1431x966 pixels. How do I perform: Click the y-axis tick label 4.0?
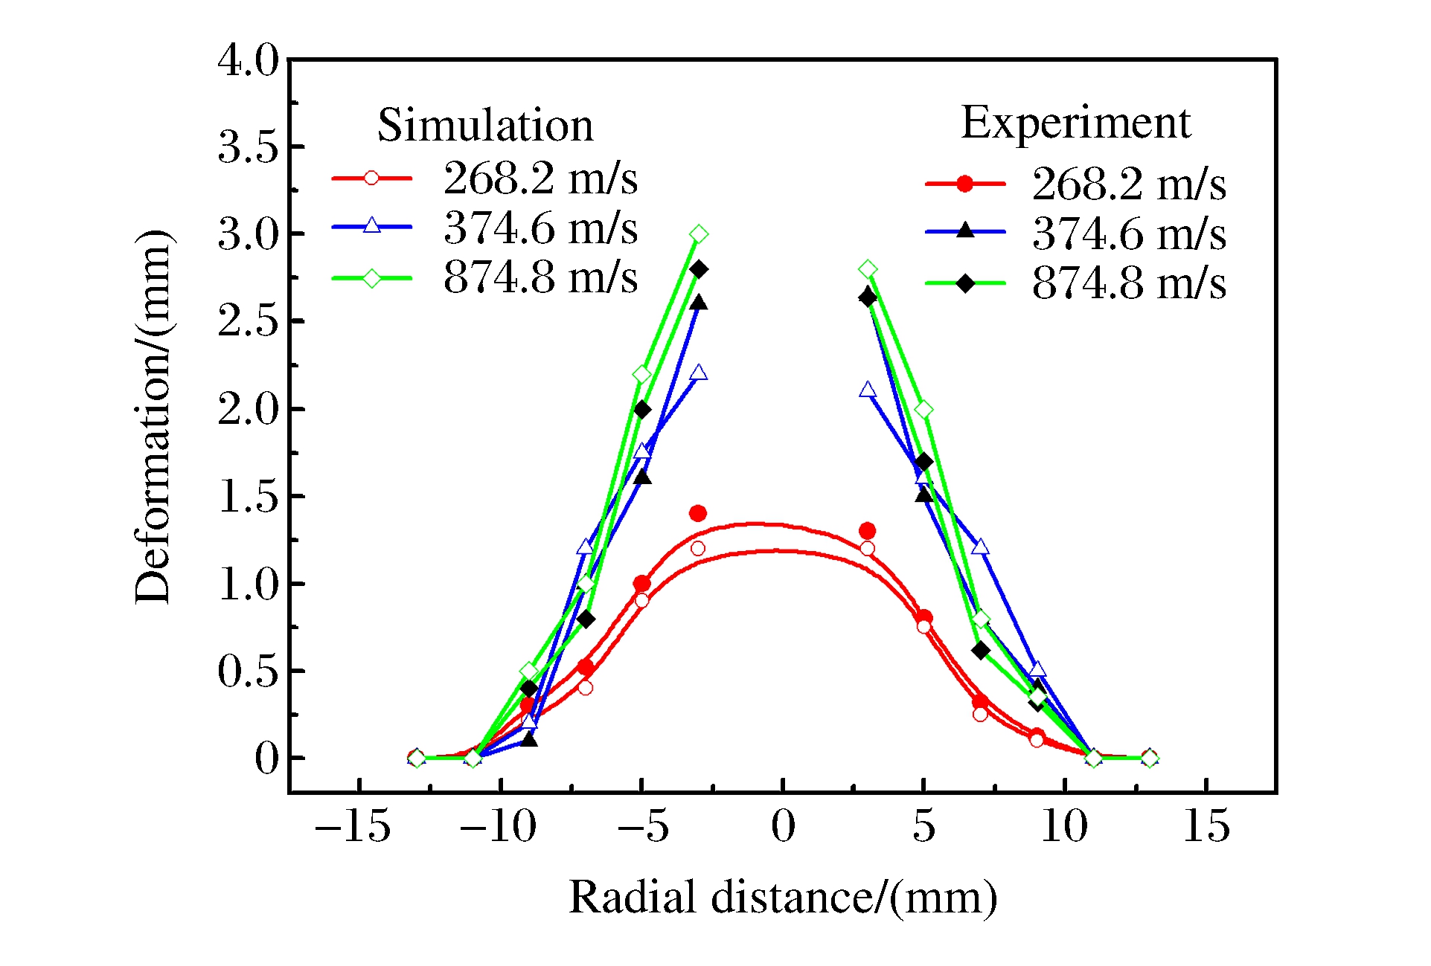[x=248, y=60]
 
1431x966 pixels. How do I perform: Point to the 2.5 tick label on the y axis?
[x=248, y=322]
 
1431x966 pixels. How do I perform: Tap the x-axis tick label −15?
[x=353, y=826]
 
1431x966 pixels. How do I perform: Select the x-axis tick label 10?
[x=1064, y=826]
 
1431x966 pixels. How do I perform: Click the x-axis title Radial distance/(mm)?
[x=783, y=897]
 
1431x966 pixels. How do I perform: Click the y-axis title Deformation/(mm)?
[x=153, y=416]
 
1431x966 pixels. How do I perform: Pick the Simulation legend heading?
[x=485, y=125]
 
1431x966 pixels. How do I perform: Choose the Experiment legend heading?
[x=1075, y=123]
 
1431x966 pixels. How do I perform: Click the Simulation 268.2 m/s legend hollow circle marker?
[x=371, y=178]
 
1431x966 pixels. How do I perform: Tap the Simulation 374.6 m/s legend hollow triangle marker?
[x=371, y=226]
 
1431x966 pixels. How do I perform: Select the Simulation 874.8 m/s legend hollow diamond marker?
[x=371, y=279]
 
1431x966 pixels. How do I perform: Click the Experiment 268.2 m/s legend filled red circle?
[x=964, y=184]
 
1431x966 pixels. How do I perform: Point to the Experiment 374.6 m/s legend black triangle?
[x=964, y=231]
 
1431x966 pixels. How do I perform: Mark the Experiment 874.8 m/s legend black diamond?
[x=964, y=284]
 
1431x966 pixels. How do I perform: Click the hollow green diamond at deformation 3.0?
[x=698, y=234]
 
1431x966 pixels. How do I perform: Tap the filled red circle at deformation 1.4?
[x=698, y=514]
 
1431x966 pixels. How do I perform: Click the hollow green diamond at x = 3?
[x=867, y=269]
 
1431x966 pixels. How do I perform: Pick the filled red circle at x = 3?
[x=867, y=531]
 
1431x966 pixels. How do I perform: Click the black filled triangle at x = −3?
[x=698, y=303]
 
